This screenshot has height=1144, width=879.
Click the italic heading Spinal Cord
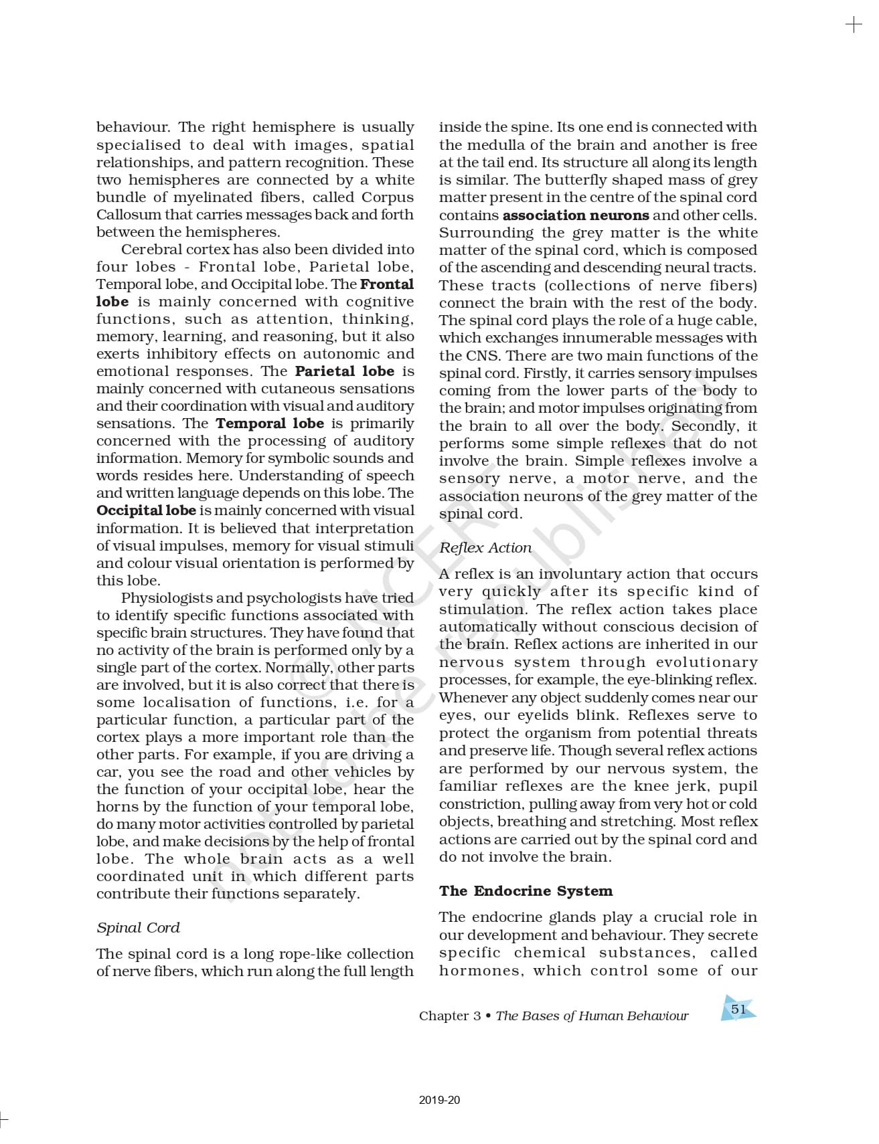pos(138,928)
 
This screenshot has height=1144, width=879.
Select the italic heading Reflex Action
pos(485,548)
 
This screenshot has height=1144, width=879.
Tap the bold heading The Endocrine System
pos(526,891)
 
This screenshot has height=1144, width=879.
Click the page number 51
pos(738,1009)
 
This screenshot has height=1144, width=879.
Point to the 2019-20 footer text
pos(439,1100)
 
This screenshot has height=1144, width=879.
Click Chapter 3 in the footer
pos(450,1016)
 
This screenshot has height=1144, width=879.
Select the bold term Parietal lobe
pos(345,371)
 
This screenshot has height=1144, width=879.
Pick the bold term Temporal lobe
pos(270,423)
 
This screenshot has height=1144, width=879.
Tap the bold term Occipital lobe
pos(146,510)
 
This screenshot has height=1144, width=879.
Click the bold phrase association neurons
pos(576,215)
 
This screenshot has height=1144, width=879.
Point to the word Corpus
pos(388,197)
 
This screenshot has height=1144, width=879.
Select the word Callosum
pos(120,215)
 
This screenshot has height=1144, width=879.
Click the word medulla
pos(493,145)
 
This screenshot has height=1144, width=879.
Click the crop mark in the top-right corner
pos(854,25)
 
